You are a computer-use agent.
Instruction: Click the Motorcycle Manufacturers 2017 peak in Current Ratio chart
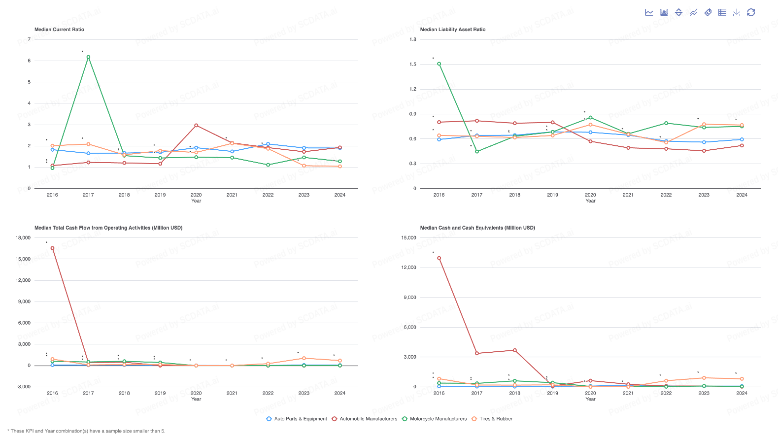tap(88, 57)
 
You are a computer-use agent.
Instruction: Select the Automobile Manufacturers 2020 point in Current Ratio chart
tap(196, 126)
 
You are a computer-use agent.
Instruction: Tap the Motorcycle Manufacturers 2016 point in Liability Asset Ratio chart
tap(439, 64)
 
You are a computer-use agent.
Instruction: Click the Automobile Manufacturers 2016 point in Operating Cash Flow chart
tap(52, 248)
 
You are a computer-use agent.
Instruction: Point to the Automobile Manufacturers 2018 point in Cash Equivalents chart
tap(515, 350)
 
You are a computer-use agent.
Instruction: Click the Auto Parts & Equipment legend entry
tap(297, 419)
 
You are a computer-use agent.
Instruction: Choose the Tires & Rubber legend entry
tap(492, 419)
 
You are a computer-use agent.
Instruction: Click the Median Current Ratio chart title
tap(59, 30)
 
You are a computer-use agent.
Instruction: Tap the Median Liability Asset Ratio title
tap(452, 30)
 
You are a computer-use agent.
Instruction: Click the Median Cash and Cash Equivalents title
tap(477, 228)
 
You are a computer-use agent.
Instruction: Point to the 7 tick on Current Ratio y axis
tap(29, 39)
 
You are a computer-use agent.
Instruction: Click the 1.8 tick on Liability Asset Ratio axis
tap(413, 39)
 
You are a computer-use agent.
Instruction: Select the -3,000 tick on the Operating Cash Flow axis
tap(23, 387)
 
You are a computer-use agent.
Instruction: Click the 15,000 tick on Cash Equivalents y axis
tap(408, 238)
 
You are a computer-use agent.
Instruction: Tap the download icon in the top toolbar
tap(737, 12)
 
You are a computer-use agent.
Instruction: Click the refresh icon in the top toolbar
tap(751, 12)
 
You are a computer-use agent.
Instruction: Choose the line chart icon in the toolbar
tap(649, 12)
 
